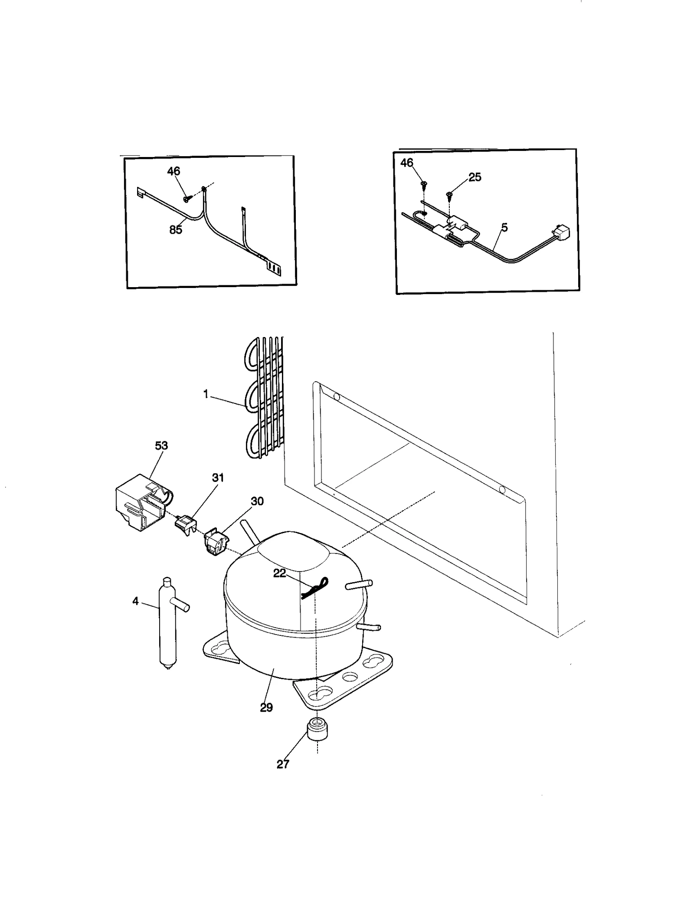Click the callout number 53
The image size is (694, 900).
(x=161, y=445)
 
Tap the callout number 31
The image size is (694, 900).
(x=218, y=478)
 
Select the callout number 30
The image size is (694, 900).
(x=257, y=501)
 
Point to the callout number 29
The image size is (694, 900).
(x=266, y=707)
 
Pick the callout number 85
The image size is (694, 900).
(x=176, y=230)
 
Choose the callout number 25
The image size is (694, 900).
(x=475, y=177)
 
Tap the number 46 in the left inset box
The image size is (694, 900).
(x=173, y=171)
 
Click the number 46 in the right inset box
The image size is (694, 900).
(x=407, y=163)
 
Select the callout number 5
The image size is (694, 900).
(x=504, y=227)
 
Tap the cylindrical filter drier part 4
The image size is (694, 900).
(x=167, y=625)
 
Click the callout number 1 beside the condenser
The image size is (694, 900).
(x=206, y=394)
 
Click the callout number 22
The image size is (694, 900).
(x=279, y=573)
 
